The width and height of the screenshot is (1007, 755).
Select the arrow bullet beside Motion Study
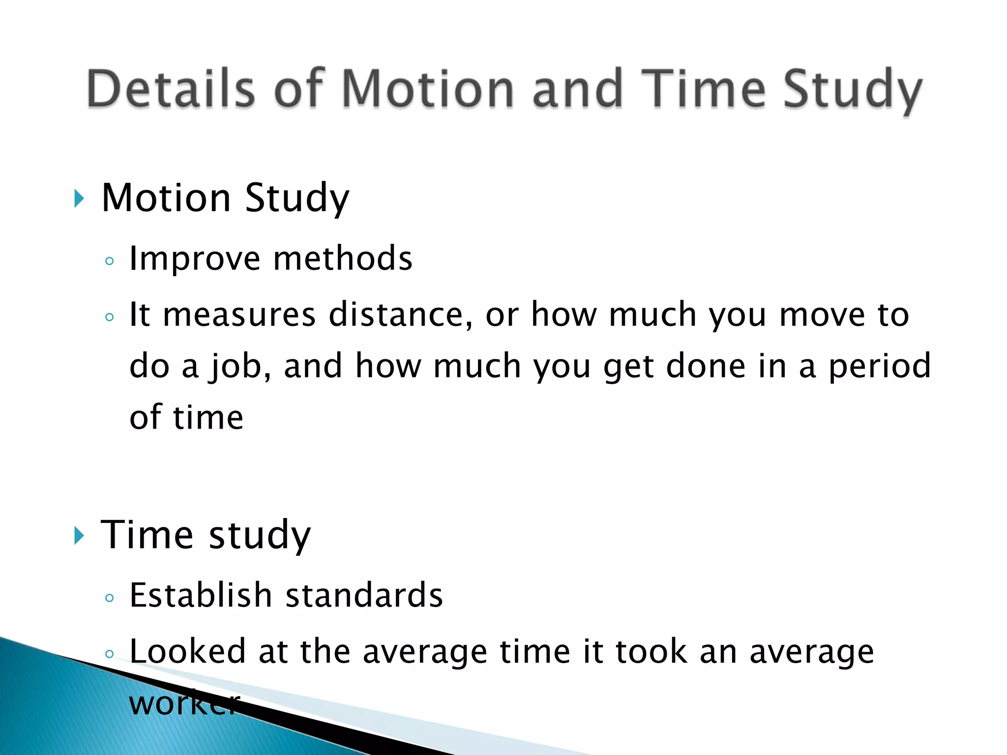[x=79, y=199]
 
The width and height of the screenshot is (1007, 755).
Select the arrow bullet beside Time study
[x=79, y=535]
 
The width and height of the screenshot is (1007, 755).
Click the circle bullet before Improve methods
[x=110, y=261]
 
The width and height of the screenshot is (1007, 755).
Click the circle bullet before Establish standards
[x=110, y=598]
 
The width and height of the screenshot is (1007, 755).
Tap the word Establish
[x=201, y=595]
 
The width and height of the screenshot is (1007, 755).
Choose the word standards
[x=364, y=595]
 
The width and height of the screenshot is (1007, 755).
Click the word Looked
[x=187, y=651]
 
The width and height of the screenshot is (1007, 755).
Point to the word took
[x=651, y=651]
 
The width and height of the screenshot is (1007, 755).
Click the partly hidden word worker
[x=184, y=703]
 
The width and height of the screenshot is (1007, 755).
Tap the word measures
[x=239, y=315]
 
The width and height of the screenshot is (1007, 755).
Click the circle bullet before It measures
[x=110, y=317]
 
